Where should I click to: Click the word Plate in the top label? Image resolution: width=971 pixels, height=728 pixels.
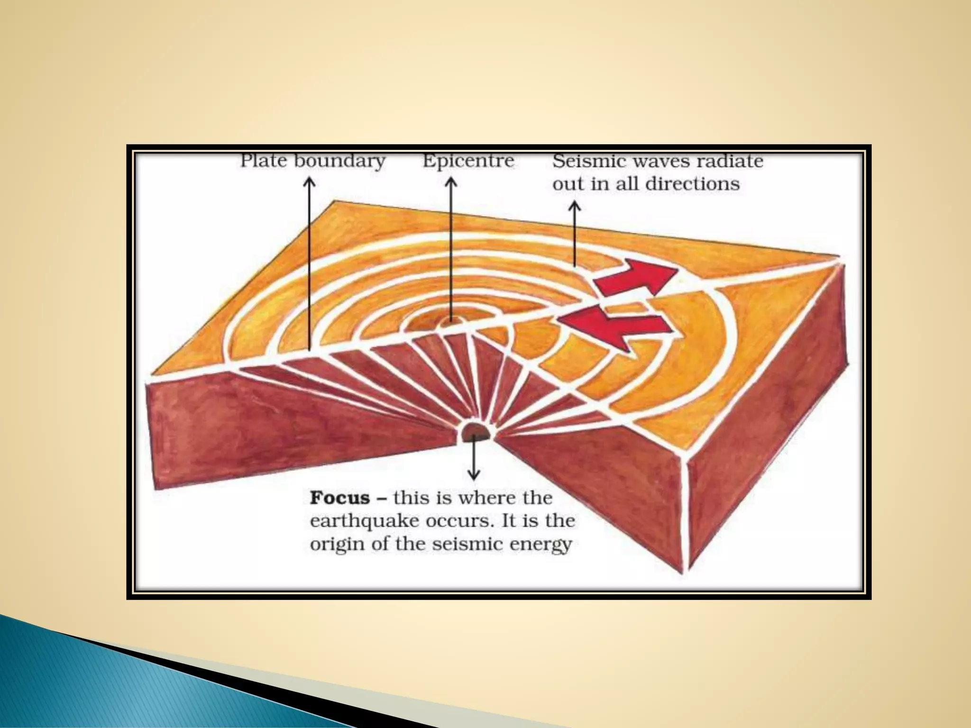(x=263, y=161)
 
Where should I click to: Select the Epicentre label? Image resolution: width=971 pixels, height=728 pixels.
(x=468, y=161)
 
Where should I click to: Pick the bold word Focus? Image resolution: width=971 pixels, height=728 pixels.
(x=339, y=498)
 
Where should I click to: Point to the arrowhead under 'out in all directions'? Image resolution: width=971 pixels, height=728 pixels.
(x=575, y=206)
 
